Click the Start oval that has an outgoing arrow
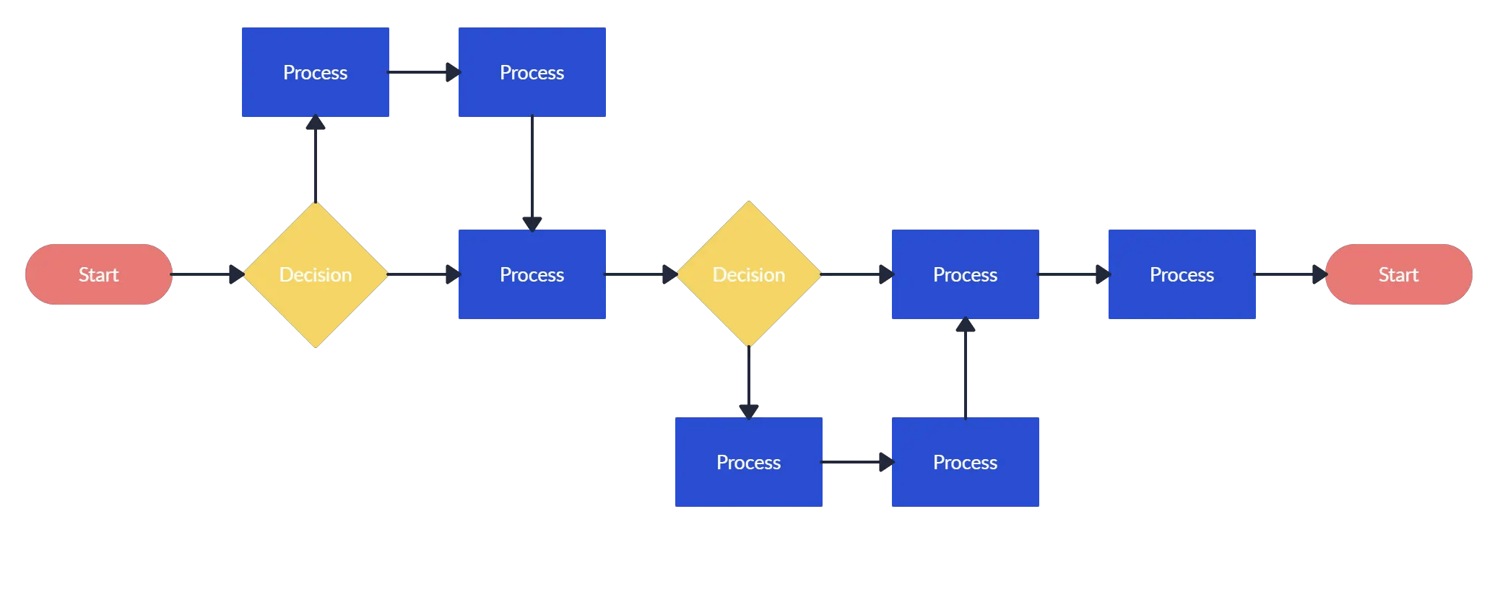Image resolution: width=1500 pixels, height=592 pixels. coord(98,274)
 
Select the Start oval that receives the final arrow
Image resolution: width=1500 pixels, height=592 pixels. coord(1398,274)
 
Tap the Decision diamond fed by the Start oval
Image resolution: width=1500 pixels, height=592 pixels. coord(316,274)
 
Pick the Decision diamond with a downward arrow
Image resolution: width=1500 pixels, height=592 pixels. coord(749,274)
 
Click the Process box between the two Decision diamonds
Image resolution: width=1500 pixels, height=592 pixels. coord(532,274)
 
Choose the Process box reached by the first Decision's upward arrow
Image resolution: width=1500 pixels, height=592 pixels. coord(316,72)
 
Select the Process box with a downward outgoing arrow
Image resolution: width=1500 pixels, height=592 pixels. coord(532,72)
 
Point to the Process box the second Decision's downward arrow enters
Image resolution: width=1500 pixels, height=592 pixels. coord(749,462)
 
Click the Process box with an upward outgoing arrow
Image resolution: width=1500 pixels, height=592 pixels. coord(966,462)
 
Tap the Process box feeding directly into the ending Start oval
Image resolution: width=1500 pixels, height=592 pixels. coord(1182,274)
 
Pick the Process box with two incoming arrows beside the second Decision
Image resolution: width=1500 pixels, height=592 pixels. coord(966,274)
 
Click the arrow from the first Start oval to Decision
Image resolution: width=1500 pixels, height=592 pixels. coord(207,274)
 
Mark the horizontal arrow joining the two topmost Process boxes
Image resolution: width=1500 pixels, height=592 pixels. coord(423,72)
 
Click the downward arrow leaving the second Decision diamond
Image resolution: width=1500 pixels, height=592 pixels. coord(749,381)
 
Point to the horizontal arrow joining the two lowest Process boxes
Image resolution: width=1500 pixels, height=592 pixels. coord(857,462)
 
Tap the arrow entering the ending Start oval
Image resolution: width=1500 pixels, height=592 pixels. coord(1290,274)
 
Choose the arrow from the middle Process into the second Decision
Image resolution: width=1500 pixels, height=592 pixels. coord(640,274)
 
